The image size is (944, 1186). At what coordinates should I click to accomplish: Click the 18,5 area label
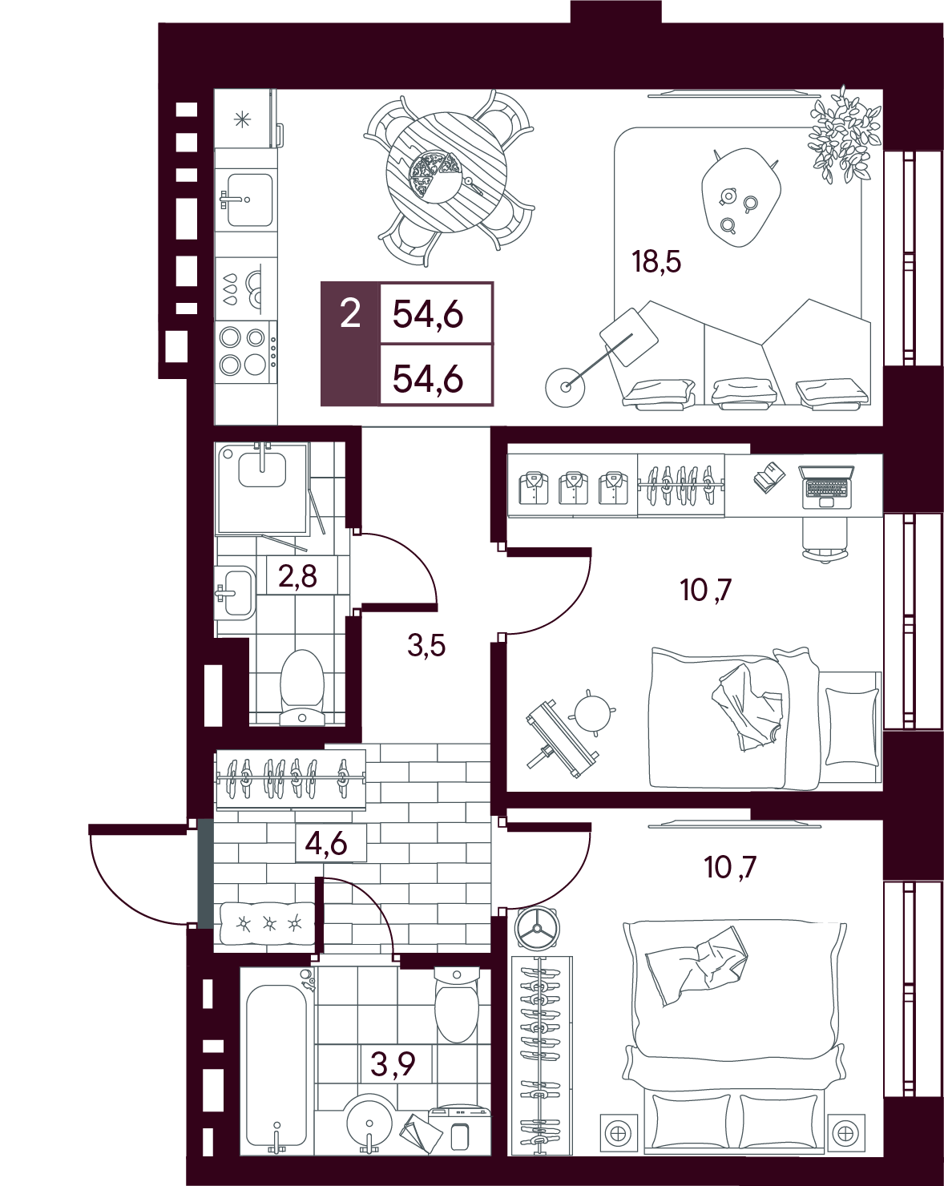(656, 262)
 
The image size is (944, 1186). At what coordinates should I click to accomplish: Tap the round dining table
(446, 172)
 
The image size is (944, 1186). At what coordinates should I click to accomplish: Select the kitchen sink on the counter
(248, 200)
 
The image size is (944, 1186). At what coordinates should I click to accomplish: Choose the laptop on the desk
(825, 487)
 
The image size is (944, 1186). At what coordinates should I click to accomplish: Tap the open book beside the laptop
(769, 477)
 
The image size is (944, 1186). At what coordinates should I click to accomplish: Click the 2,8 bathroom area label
(297, 576)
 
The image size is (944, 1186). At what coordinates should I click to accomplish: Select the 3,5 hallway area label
(426, 646)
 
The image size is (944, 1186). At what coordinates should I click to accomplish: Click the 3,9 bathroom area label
(393, 1063)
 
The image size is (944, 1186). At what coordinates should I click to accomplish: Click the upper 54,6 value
(428, 316)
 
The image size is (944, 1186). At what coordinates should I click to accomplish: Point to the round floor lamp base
(564, 387)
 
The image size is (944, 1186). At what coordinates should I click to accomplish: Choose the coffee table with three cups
(741, 198)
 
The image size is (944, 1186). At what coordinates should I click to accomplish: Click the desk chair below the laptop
(825, 541)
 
